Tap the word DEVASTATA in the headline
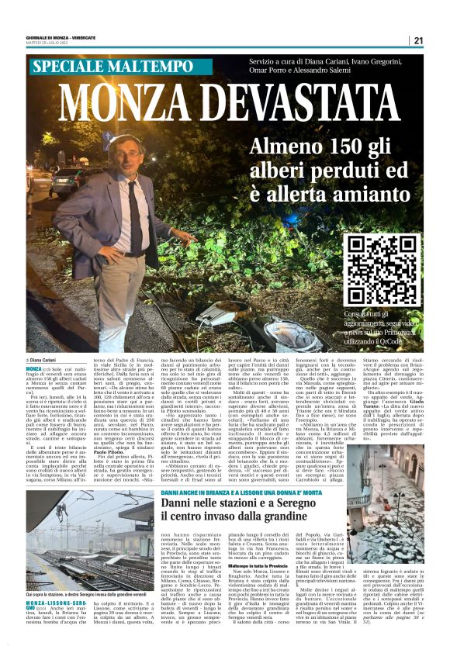(302, 105)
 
